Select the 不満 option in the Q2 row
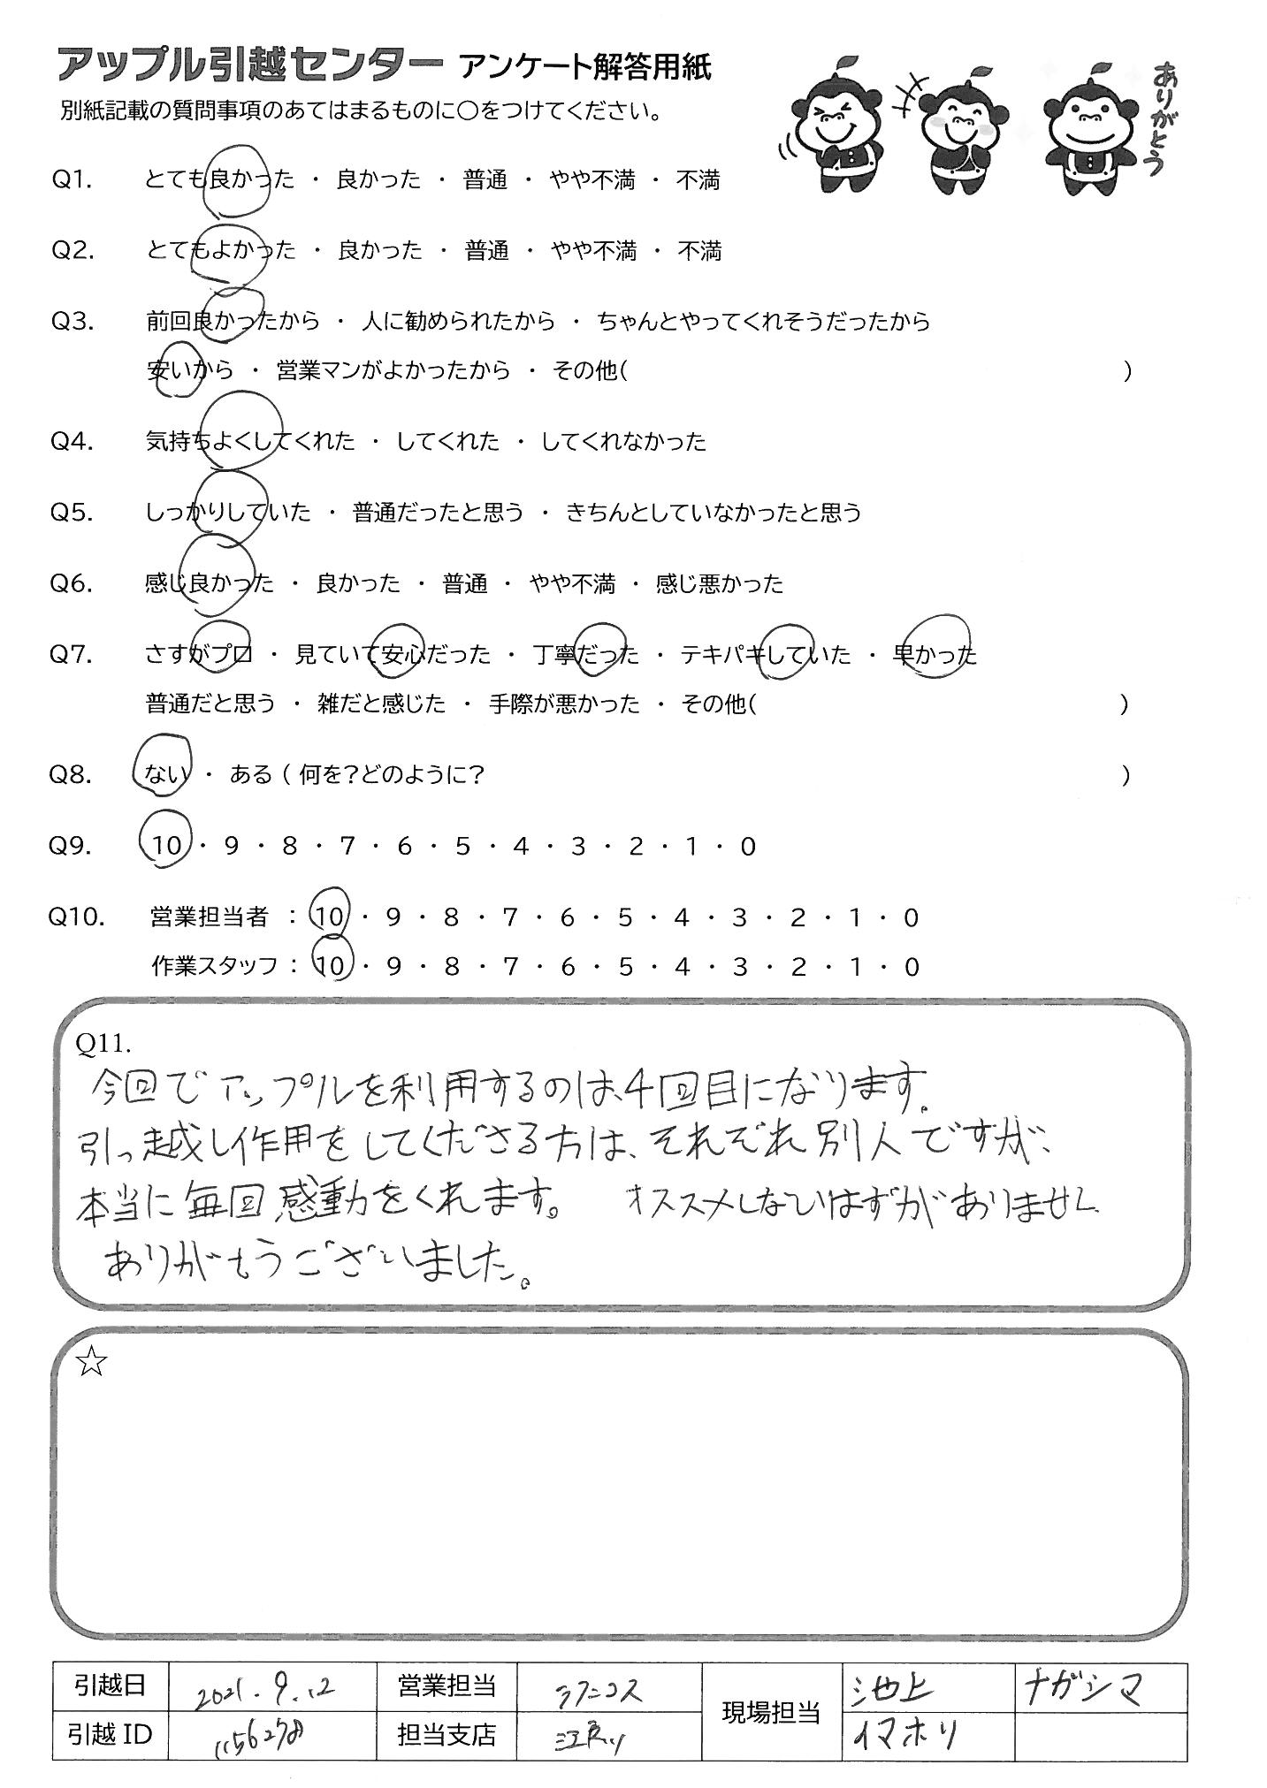point(699,252)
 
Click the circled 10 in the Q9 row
point(165,847)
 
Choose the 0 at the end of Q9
point(748,847)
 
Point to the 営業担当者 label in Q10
point(210,918)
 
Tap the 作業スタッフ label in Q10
point(215,966)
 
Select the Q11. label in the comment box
point(103,1044)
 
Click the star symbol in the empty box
point(91,1364)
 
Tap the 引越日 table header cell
point(109,1686)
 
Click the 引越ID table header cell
point(109,1734)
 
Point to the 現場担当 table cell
point(771,1712)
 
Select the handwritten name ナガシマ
point(1084,1686)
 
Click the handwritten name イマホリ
point(904,1737)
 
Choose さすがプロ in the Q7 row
point(199,655)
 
